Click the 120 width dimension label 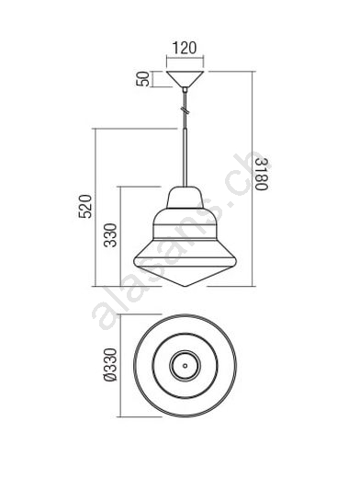(185, 48)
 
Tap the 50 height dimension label (143, 79)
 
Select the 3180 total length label (262, 174)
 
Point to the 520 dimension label (85, 206)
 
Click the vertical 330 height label (110, 235)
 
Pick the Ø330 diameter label (110, 365)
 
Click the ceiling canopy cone (185, 79)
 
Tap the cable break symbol (185, 109)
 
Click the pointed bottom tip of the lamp (185, 286)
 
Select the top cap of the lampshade (185, 198)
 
